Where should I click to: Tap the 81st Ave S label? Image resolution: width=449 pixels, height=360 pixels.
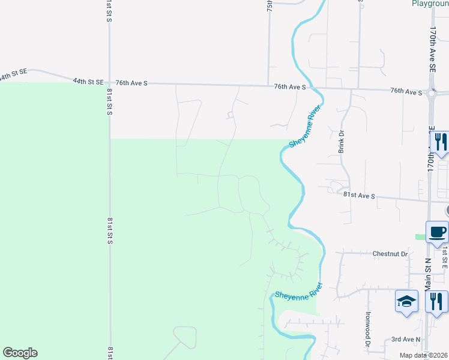tap(359, 196)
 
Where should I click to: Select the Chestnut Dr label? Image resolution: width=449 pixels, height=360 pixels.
tap(390, 254)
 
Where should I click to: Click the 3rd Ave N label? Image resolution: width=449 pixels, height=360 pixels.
tap(404, 339)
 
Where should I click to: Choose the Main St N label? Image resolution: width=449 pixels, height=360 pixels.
tap(429, 274)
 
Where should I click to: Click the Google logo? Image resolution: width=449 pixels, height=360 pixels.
tap(20, 353)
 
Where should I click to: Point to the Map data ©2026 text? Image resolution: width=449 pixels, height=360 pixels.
tap(424, 355)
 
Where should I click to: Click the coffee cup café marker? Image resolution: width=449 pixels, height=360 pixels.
tap(437, 232)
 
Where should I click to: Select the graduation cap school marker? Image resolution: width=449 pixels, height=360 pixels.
tap(406, 301)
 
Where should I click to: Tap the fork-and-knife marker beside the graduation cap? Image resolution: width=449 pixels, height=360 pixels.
tap(436, 301)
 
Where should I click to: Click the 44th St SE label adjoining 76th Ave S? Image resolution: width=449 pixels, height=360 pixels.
tap(88, 81)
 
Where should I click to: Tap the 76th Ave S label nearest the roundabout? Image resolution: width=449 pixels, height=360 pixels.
tap(406, 91)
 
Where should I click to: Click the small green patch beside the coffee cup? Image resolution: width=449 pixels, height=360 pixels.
tap(420, 237)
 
